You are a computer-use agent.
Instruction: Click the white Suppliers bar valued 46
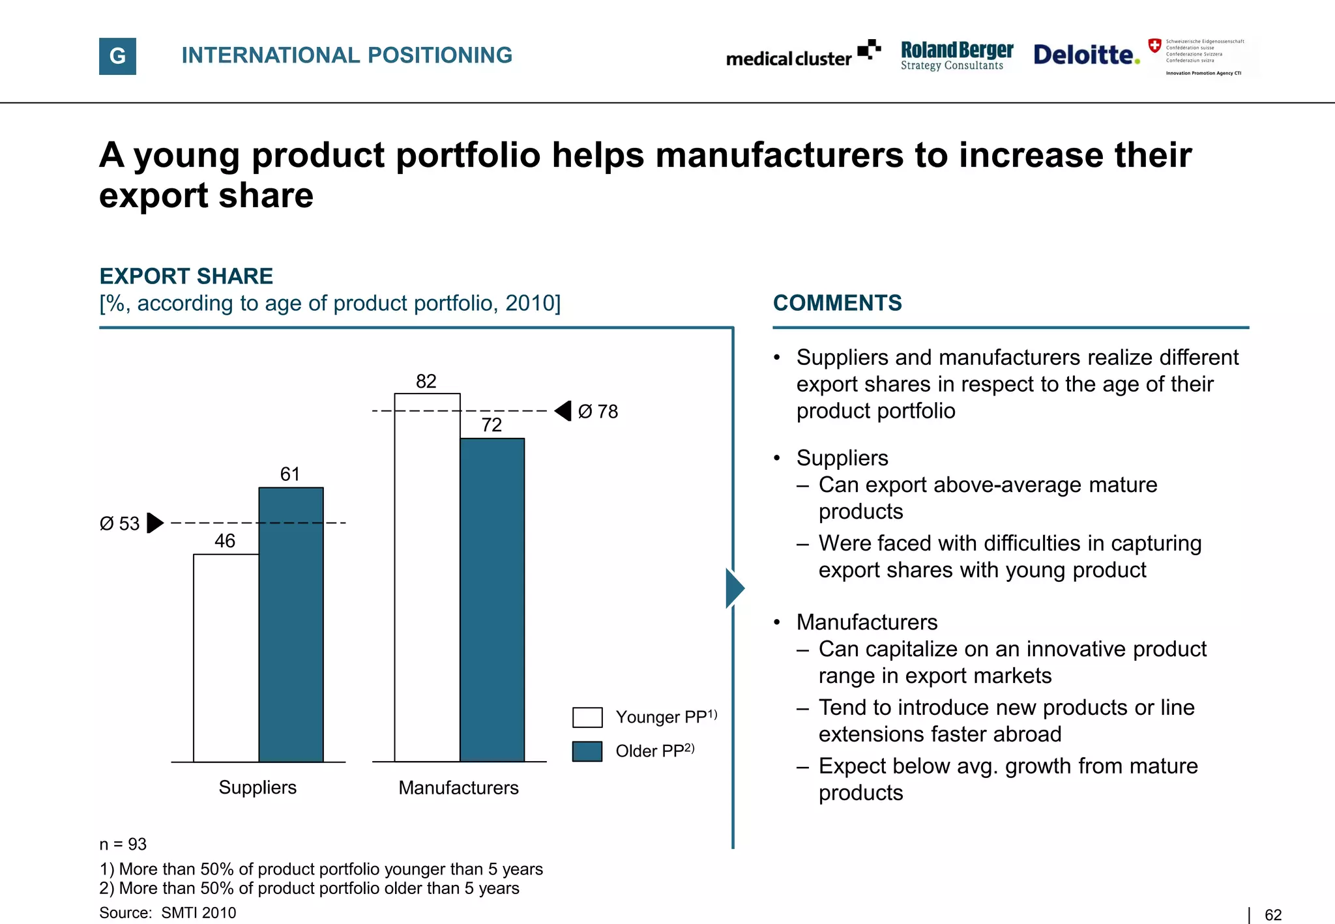click(226, 658)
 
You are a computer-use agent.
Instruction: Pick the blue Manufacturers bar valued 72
click(492, 599)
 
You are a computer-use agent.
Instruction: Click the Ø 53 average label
click(119, 524)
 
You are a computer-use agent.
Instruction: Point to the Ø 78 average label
click(598, 412)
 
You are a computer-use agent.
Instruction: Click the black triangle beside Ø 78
click(564, 411)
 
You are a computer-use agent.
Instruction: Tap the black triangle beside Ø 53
click(154, 523)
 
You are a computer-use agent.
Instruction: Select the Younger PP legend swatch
click(587, 717)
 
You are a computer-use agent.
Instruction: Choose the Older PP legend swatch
click(587, 751)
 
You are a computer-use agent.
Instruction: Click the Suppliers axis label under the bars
click(257, 788)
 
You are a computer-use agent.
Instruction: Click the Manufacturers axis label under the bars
click(458, 788)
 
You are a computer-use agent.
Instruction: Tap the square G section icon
click(117, 56)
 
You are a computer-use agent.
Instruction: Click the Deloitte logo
click(1086, 55)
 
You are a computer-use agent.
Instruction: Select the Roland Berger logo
click(956, 55)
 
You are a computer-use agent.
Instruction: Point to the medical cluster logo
click(803, 55)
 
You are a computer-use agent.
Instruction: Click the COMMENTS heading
click(837, 303)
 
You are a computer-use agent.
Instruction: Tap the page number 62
click(1272, 915)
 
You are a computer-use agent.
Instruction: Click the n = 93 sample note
click(123, 845)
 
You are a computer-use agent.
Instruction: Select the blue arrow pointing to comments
click(735, 588)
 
